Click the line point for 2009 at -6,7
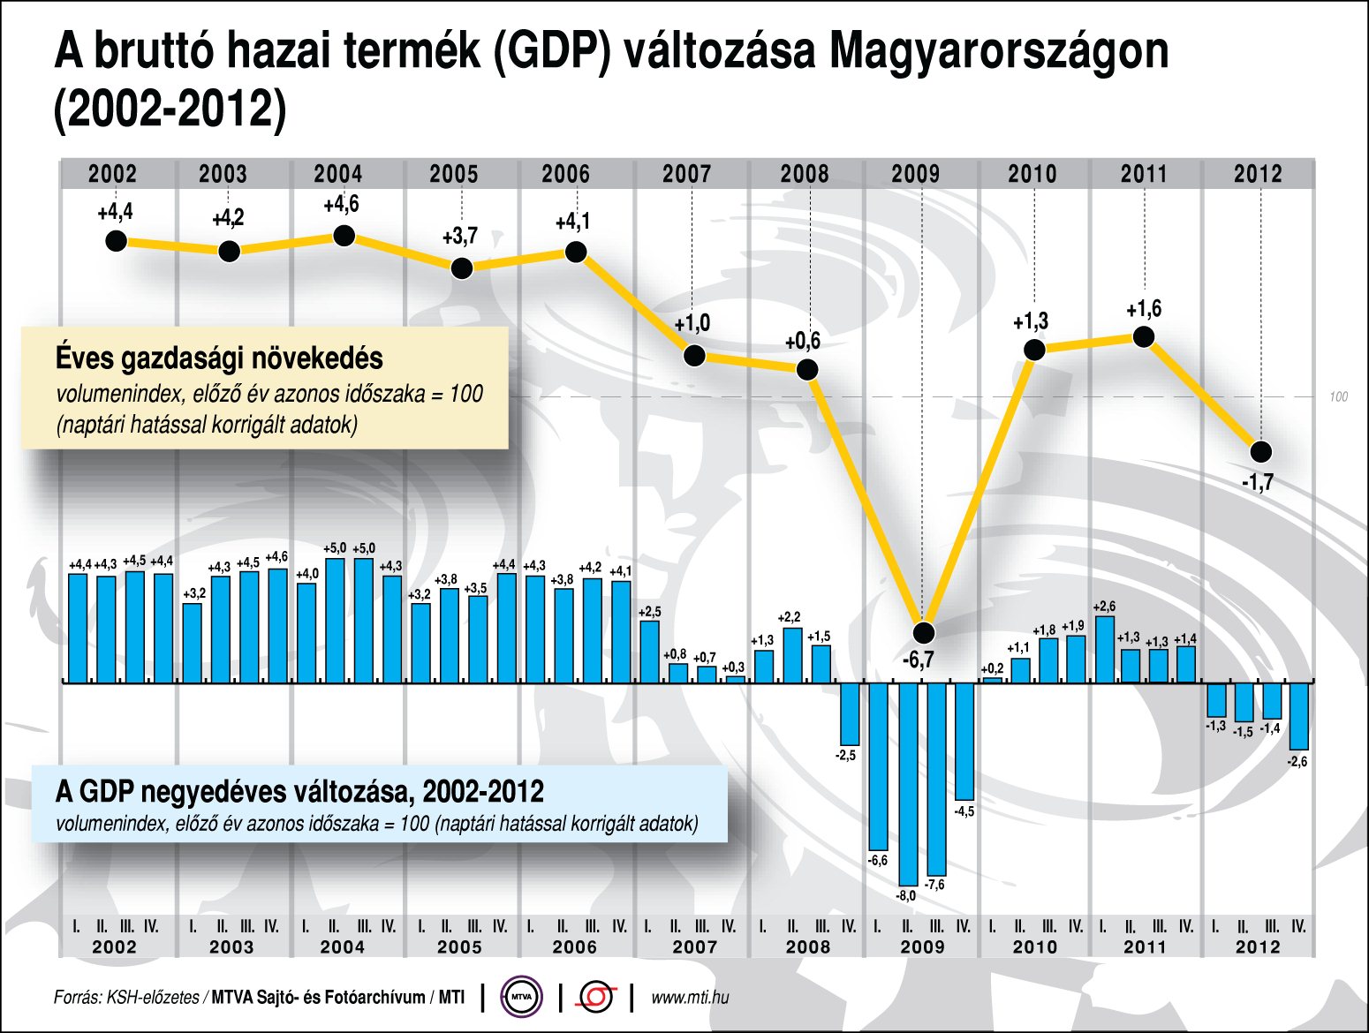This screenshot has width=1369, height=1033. click(x=923, y=632)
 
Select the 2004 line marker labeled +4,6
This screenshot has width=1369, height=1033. click(x=344, y=236)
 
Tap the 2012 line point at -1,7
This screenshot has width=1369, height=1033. click(x=1261, y=452)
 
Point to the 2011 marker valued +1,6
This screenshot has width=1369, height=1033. click(x=1144, y=336)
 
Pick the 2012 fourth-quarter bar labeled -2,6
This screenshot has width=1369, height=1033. click(x=1298, y=716)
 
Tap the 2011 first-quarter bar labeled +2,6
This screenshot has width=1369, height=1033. click(x=1103, y=649)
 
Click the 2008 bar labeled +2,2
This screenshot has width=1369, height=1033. click(x=792, y=655)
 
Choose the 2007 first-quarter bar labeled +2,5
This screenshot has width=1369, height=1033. click(x=649, y=652)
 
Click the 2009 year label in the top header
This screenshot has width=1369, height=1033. click(x=915, y=173)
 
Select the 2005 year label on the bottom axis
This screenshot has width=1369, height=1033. click(x=459, y=947)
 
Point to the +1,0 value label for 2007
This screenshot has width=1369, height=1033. click(x=692, y=324)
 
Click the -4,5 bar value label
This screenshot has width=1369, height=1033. click(x=964, y=811)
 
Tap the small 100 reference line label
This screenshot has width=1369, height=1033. click(x=1338, y=397)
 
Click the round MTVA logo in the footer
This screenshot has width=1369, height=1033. click(x=521, y=998)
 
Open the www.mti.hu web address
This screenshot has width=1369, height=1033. click(x=690, y=998)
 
